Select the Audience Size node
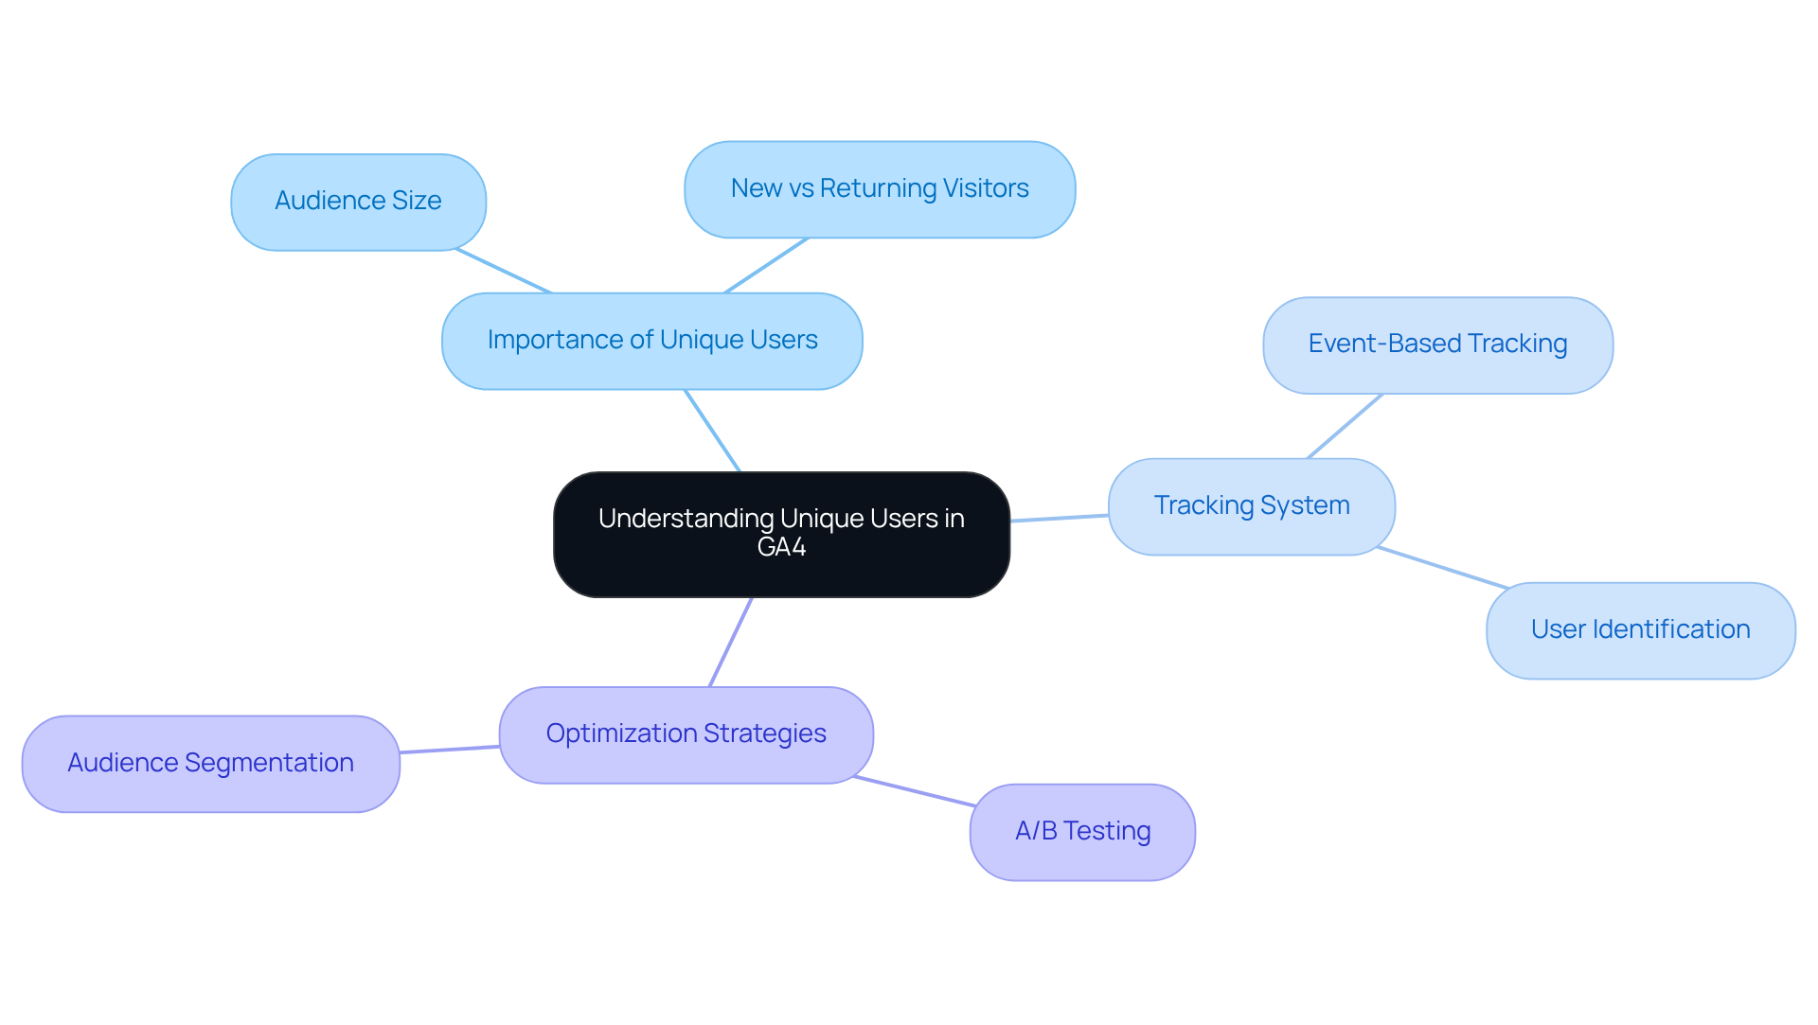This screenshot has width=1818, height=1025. click(x=358, y=202)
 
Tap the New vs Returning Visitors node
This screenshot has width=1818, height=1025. click(x=879, y=189)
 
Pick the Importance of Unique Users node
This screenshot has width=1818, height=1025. click(x=651, y=341)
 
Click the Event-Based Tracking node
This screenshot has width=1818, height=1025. click(x=1436, y=345)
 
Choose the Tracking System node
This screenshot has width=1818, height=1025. click(x=1251, y=506)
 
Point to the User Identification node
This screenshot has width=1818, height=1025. click(x=1639, y=630)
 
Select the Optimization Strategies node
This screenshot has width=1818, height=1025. click(x=686, y=734)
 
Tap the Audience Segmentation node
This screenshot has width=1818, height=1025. click(x=210, y=764)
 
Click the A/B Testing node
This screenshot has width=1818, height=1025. click(x=1081, y=832)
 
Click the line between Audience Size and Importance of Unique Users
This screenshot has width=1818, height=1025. click(x=503, y=272)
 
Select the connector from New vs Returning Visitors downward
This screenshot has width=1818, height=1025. click(x=766, y=265)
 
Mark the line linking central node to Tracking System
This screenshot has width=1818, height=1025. click(x=1059, y=518)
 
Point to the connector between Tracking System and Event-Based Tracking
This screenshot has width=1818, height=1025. click(x=1345, y=427)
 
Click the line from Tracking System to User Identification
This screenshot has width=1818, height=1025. click(x=1442, y=568)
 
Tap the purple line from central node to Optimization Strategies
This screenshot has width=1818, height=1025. click(x=731, y=642)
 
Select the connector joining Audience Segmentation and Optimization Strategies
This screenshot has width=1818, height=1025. click(x=450, y=750)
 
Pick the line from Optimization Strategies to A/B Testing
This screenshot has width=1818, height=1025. click(x=915, y=791)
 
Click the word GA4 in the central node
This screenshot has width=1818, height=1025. click(x=781, y=548)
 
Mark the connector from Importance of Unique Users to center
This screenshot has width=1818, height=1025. click(x=712, y=431)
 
